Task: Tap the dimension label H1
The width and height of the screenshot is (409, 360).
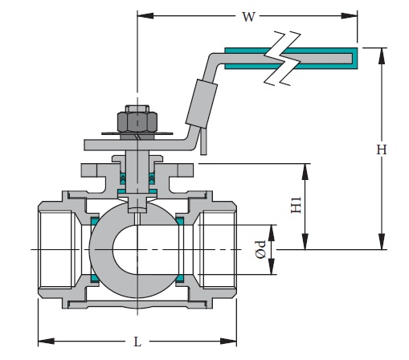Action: [x=297, y=207]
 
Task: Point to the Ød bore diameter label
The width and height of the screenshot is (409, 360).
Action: [x=259, y=250]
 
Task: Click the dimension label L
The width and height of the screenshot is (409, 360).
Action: [x=137, y=341]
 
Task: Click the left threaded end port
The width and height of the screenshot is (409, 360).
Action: [x=56, y=250]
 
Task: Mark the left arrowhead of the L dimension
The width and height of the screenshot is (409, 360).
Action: [x=43, y=340]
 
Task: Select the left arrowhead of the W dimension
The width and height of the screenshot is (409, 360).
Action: [x=142, y=14]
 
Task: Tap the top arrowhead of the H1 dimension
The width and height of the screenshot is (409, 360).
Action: [x=305, y=169]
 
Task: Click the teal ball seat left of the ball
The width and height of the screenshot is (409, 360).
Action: [x=94, y=249]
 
